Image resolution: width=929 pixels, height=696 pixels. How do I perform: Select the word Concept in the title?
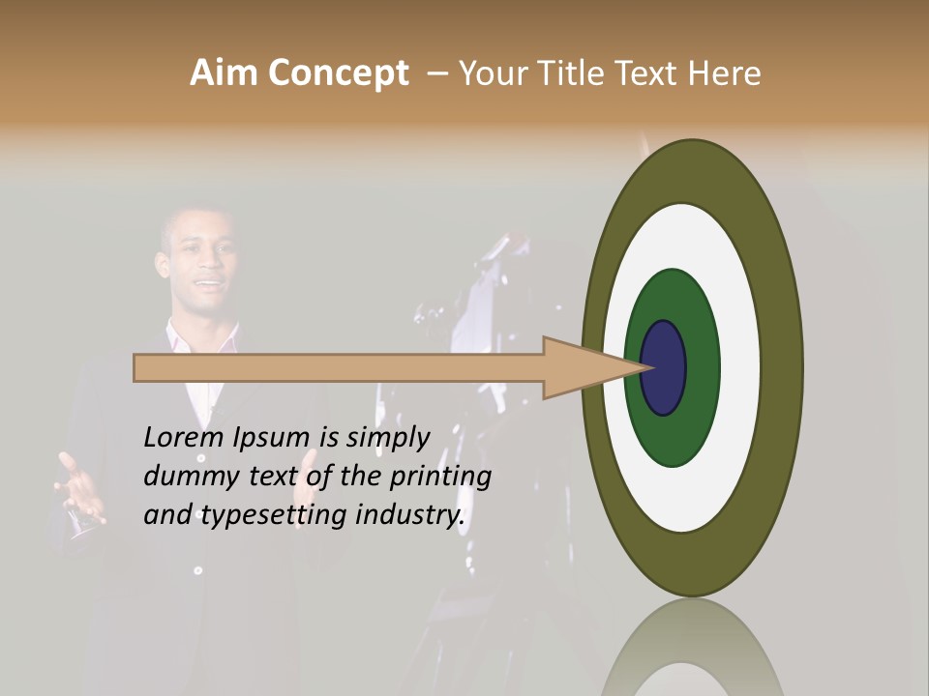point(338,73)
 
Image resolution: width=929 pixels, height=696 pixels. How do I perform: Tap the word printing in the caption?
point(439,478)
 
